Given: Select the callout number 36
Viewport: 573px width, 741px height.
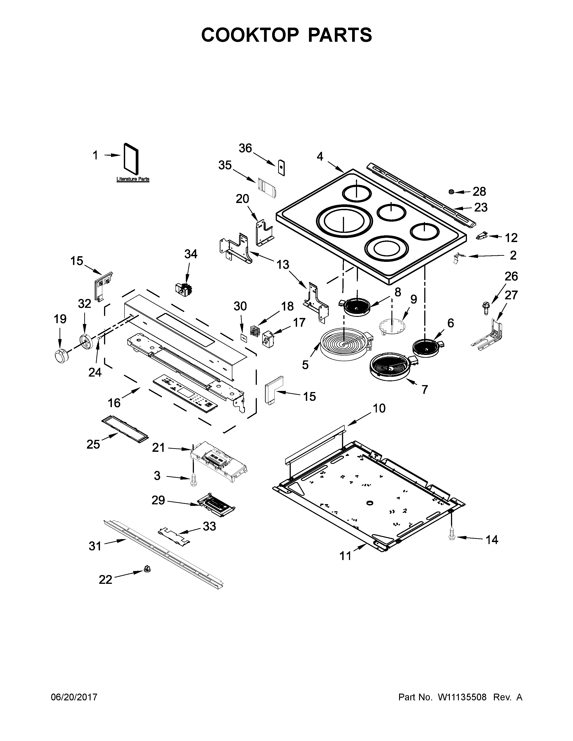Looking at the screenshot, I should point(245,148).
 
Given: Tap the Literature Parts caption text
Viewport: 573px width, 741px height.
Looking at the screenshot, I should point(133,179).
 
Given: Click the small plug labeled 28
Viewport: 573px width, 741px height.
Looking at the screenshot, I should point(452,192).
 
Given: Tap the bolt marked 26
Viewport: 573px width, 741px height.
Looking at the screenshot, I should point(483,306).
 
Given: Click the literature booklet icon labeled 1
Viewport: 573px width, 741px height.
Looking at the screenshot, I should point(131,157).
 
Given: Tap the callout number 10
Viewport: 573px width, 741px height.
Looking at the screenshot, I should point(379,408).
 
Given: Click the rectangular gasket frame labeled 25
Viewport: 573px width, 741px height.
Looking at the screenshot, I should point(125,429).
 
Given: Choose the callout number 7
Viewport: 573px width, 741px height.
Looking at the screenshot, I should point(424,390).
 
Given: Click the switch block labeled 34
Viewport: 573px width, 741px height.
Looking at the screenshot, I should point(184,289).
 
